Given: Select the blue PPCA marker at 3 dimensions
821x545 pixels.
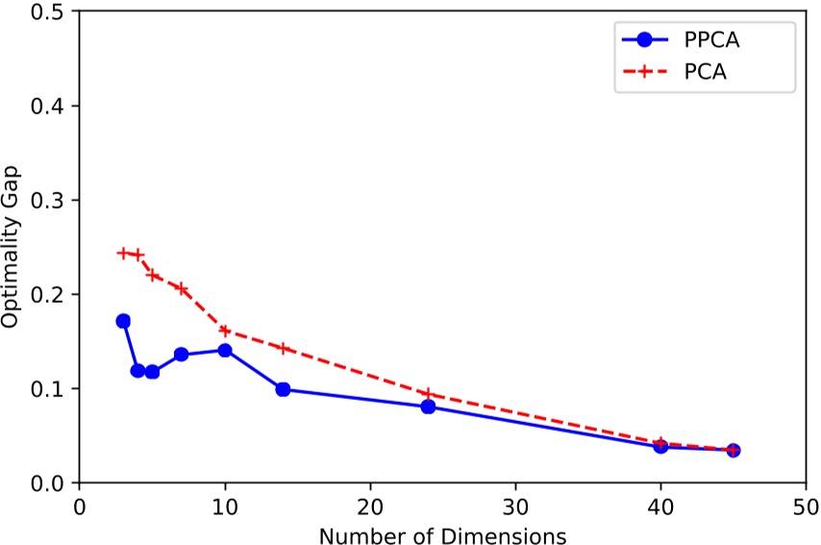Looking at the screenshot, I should pyautogui.click(x=123, y=321).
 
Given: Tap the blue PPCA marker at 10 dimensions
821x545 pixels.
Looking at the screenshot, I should pyautogui.click(x=225, y=350).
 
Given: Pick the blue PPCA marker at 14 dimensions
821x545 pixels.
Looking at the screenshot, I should pyautogui.click(x=283, y=389).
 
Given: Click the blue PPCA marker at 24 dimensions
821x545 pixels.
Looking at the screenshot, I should pyautogui.click(x=428, y=407).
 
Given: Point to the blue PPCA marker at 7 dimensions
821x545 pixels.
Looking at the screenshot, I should pyautogui.click(x=181, y=355).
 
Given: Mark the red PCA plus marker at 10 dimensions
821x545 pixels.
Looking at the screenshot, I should pyautogui.click(x=225, y=331).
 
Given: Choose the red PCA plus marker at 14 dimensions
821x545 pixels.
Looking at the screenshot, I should pyautogui.click(x=283, y=348).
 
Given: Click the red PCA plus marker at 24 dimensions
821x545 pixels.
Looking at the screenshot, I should pyautogui.click(x=428, y=394).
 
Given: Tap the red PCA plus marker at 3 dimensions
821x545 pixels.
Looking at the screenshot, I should pyautogui.click(x=123, y=253).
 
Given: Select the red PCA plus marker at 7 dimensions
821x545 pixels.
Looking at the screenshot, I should pyautogui.click(x=181, y=288).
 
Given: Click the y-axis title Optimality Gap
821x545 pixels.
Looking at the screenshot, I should pyautogui.click(x=12, y=248).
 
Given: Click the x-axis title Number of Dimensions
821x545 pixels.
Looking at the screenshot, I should pyautogui.click(x=442, y=533).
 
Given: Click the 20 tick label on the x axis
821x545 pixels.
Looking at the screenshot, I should pyautogui.click(x=370, y=505).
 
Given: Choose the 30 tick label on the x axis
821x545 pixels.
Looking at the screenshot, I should pyautogui.click(x=515, y=505).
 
